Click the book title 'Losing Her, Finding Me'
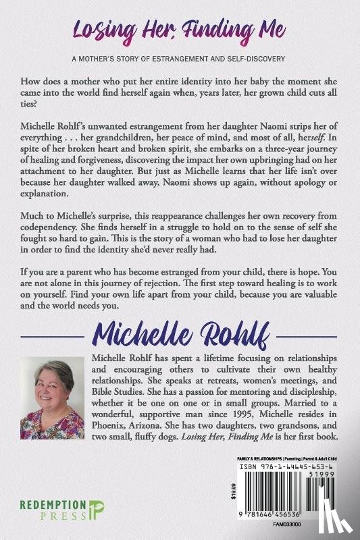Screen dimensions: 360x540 pyautogui.click(x=180, y=30)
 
